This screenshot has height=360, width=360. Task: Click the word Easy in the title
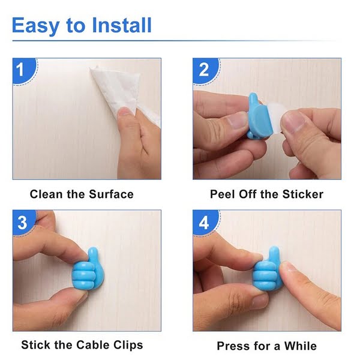pyautogui.click(x=36, y=26)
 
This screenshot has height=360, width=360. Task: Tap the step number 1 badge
pyautogui.click(x=22, y=70)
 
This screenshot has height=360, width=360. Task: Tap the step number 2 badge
pyautogui.click(x=203, y=70)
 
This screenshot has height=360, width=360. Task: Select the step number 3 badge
pyautogui.click(x=22, y=223)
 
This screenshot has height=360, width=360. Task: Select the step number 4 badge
pyautogui.click(x=203, y=223)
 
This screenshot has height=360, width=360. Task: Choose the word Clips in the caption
pyautogui.click(x=127, y=345)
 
